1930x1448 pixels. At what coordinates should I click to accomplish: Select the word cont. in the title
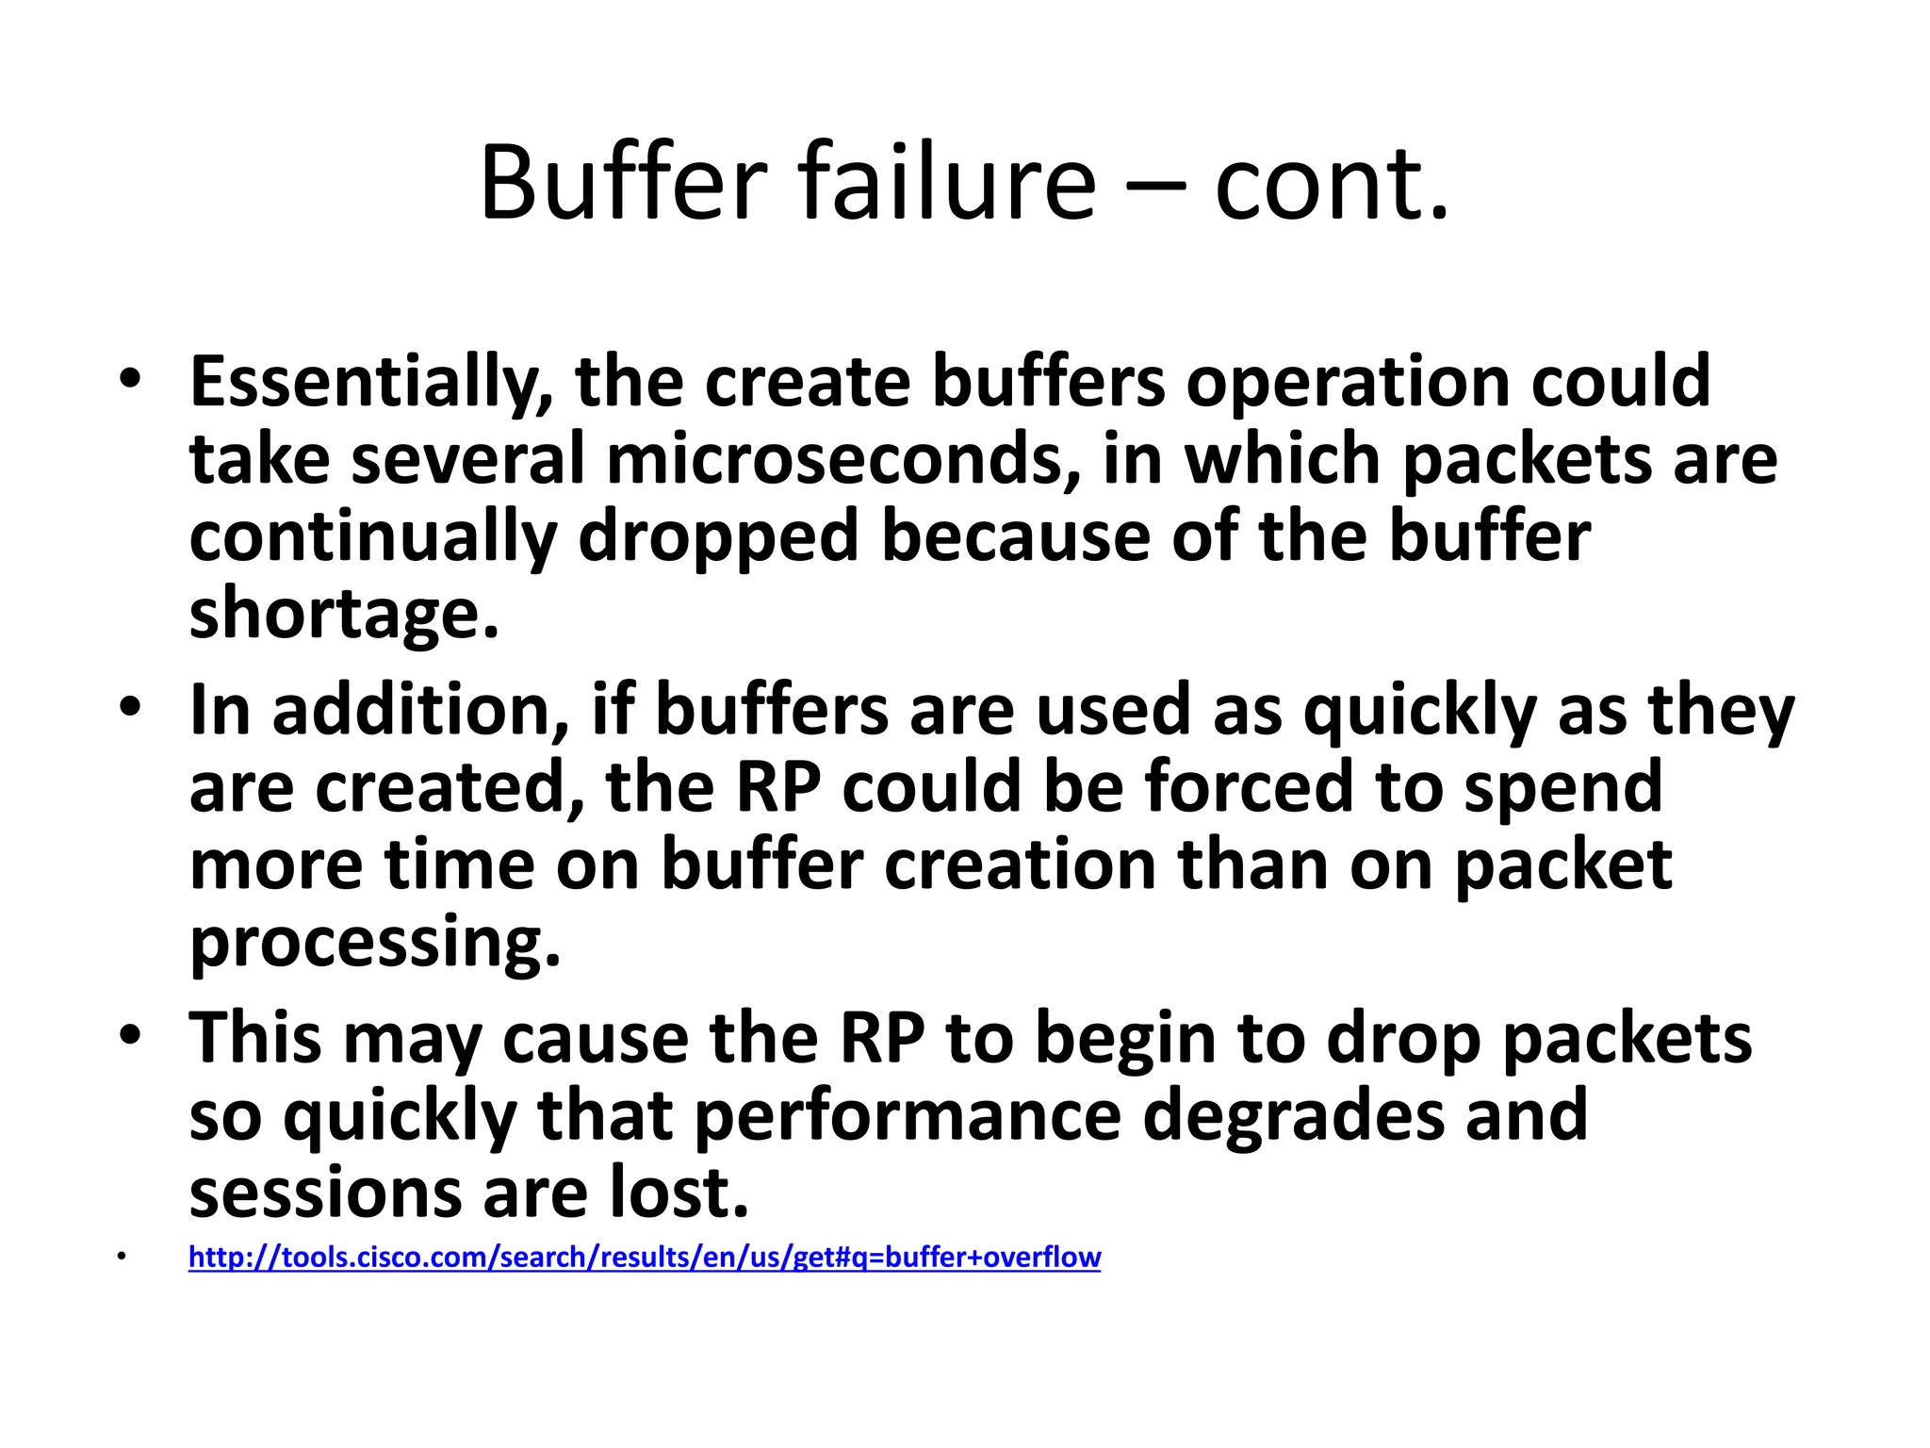tap(1331, 184)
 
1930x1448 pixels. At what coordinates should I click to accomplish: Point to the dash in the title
tap(1155, 184)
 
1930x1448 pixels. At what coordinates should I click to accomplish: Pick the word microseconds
tap(842, 459)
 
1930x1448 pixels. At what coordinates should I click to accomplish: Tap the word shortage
tap(343, 613)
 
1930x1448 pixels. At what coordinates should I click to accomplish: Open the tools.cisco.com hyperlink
tap(645, 1258)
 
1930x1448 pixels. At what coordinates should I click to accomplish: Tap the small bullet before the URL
tap(122, 1257)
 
